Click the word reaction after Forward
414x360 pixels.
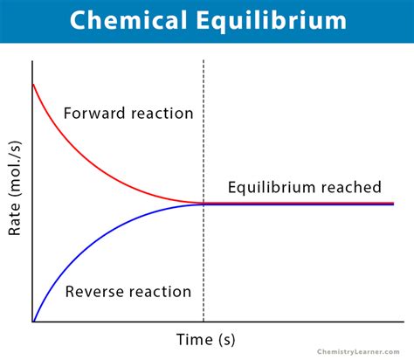pos(162,114)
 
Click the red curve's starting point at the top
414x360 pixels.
pos(33,85)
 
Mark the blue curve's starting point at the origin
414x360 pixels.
pos(33,321)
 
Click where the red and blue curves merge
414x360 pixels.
pos(204,204)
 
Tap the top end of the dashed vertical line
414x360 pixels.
pos(204,61)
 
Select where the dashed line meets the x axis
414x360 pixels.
pos(204,322)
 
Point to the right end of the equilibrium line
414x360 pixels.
pos(392,204)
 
